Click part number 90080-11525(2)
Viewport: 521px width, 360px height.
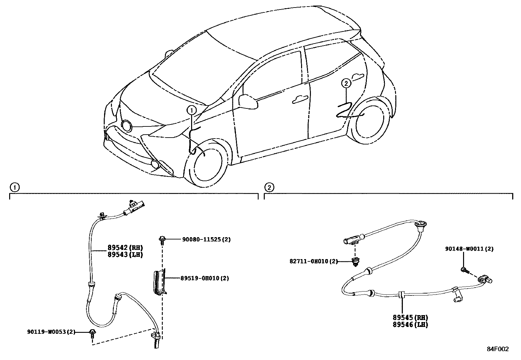(x=206, y=239)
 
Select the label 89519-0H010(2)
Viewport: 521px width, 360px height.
(x=205, y=278)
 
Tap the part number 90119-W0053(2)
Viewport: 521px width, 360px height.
(x=51, y=332)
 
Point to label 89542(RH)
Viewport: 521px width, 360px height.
(x=126, y=248)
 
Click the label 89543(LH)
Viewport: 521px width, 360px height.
(x=126, y=255)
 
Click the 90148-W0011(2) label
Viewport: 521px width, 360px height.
(x=469, y=249)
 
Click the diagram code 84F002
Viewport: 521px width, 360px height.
(x=497, y=349)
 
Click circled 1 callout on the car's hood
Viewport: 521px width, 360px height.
(x=192, y=111)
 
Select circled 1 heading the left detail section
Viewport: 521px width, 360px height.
(x=14, y=187)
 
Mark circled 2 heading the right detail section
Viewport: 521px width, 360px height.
(x=269, y=187)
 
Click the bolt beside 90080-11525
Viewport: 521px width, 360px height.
(x=162, y=240)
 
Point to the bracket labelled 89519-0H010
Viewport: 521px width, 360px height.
(x=160, y=282)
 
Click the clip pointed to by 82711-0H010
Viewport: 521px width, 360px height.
(x=355, y=262)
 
